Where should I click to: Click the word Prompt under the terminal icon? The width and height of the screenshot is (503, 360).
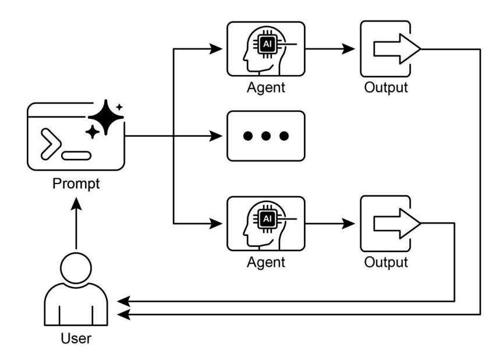[x=76, y=184]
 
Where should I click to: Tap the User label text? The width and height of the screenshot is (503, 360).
[x=76, y=338]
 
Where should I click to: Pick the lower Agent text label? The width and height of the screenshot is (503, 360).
[x=266, y=262]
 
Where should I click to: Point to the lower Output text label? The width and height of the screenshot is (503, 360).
[x=386, y=262]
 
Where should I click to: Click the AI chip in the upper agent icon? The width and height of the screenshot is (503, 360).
[x=268, y=44]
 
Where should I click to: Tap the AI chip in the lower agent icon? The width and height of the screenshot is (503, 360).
[x=268, y=218]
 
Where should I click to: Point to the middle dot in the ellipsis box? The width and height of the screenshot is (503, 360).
[x=266, y=136]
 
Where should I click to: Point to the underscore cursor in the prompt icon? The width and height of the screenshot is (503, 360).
[x=77, y=156]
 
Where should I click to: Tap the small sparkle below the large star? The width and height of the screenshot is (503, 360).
[x=92, y=133]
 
